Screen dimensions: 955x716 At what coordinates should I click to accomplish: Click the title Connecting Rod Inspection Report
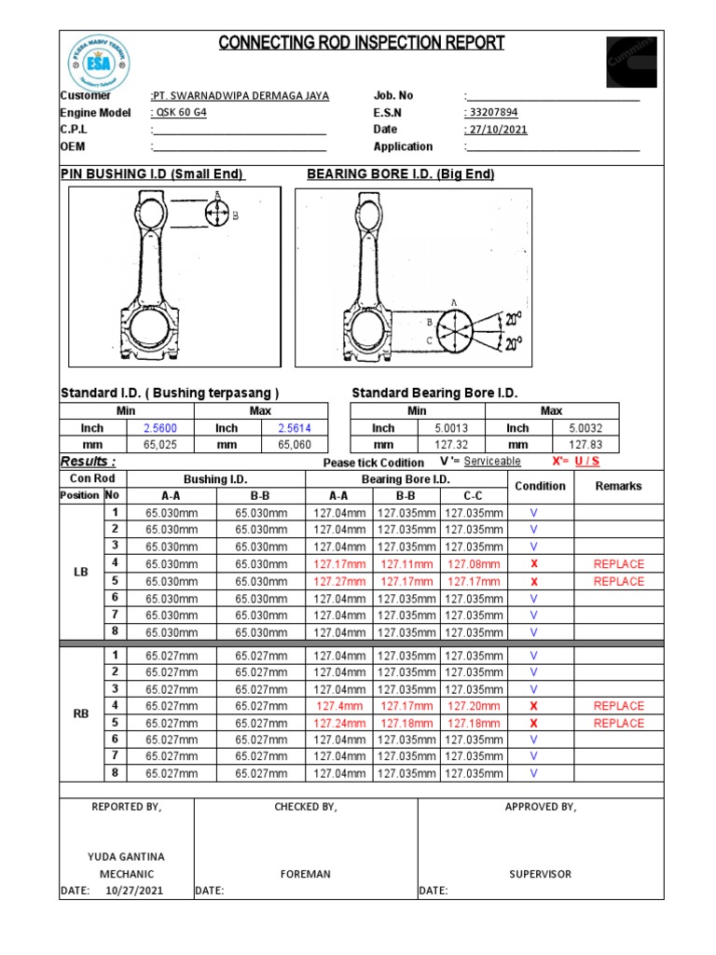coord(362,43)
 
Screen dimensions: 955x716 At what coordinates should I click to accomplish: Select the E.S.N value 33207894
coord(492,113)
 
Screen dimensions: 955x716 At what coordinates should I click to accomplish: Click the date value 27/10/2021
coord(496,130)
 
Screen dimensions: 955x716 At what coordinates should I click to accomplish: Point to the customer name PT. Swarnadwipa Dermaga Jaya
coord(240,96)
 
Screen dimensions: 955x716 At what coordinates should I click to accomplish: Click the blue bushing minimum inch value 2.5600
coord(159,428)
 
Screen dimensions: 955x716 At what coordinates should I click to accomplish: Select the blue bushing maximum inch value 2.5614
coord(294,428)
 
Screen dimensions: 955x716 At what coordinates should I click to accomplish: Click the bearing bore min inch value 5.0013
coord(450,428)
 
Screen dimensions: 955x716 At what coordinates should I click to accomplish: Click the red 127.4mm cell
coord(340,706)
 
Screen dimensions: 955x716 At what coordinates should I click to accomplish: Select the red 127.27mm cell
coord(340,581)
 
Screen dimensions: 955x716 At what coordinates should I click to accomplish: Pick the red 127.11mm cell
coord(407,564)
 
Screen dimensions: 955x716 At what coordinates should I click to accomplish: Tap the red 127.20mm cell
coord(474,706)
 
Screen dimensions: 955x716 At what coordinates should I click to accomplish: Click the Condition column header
coord(540,486)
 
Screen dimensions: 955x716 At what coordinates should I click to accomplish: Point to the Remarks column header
coord(618,486)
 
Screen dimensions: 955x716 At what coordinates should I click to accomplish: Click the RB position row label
coord(79,714)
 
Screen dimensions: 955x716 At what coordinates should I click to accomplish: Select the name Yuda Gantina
coord(126,856)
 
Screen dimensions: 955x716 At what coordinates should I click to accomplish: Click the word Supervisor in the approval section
coord(540,874)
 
